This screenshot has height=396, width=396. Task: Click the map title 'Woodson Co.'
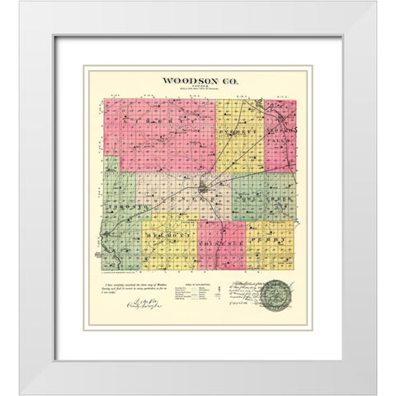coord(198,82)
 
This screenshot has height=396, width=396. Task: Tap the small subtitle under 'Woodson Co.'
coord(198,90)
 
